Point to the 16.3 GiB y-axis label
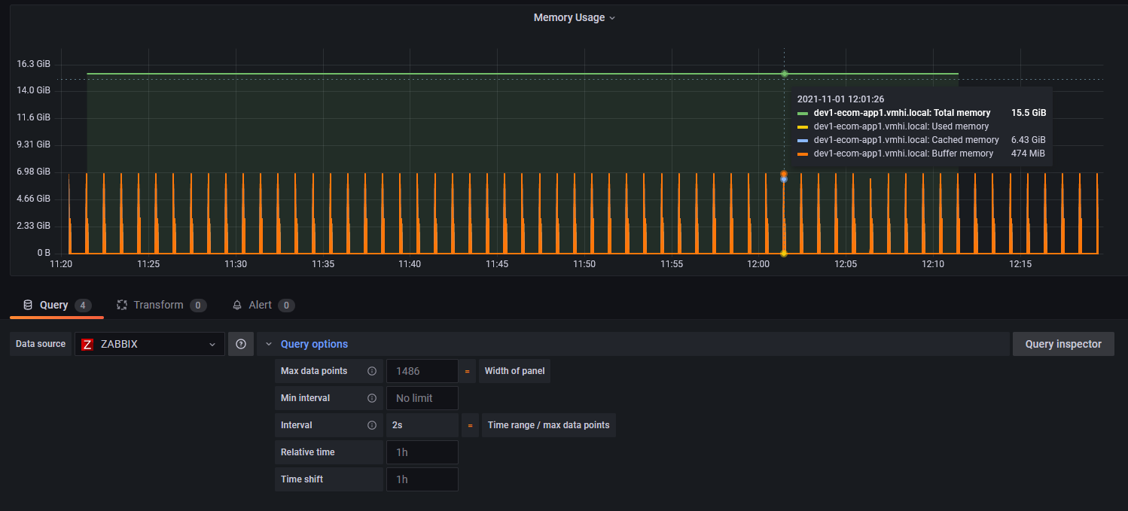(x=34, y=64)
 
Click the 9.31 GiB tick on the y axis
(x=34, y=144)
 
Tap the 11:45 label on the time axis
(x=497, y=264)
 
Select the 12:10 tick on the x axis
(x=933, y=264)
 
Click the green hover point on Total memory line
(x=784, y=74)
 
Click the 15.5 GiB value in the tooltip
(x=1029, y=113)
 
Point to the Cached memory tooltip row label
(x=906, y=140)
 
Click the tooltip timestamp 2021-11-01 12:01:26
(x=840, y=99)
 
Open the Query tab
(x=53, y=305)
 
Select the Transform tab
(x=158, y=305)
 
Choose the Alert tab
(x=260, y=305)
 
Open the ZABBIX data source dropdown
(x=149, y=344)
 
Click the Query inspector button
(x=1062, y=344)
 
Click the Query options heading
(x=314, y=344)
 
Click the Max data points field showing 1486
(x=422, y=371)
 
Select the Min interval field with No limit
(x=422, y=398)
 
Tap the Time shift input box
(x=422, y=479)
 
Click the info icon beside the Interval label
(x=371, y=425)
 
